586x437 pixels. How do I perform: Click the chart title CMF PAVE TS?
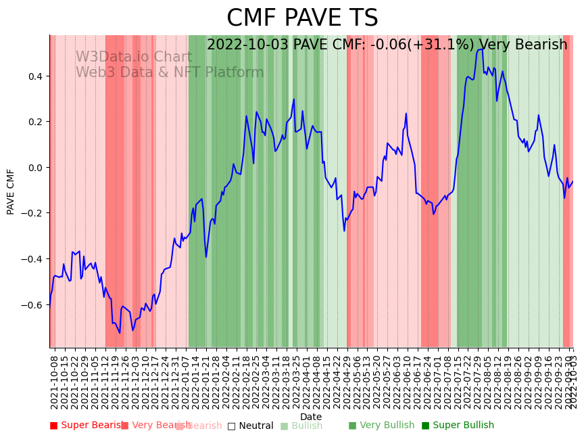click(x=302, y=18)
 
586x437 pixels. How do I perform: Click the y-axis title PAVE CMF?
click(x=11, y=191)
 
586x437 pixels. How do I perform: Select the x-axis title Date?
click(x=311, y=417)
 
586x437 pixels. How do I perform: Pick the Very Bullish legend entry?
click(x=381, y=425)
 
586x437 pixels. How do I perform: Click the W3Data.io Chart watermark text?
click(x=133, y=57)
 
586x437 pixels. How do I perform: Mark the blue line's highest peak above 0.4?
click(x=481, y=49)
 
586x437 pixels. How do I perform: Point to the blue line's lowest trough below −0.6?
click(x=120, y=333)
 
